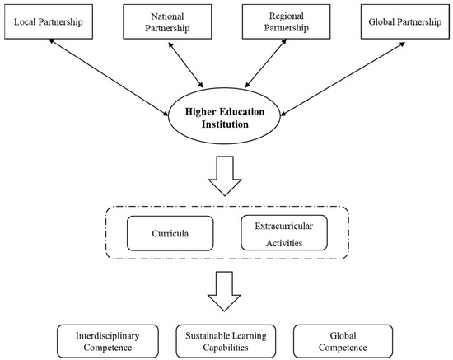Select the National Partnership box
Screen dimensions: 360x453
pyautogui.click(x=168, y=20)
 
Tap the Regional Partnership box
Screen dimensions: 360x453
pyautogui.click(x=283, y=20)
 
